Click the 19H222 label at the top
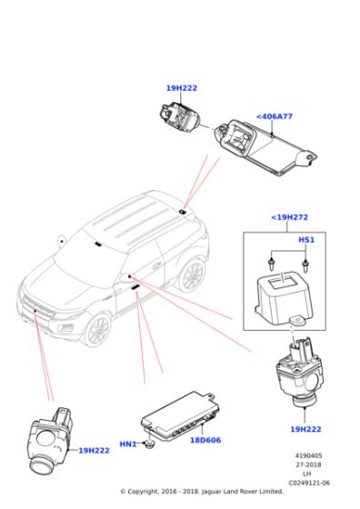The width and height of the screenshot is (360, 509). [x=181, y=88]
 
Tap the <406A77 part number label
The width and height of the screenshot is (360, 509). [x=274, y=116]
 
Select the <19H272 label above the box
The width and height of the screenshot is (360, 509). [x=289, y=217]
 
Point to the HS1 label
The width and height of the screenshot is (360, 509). [x=306, y=240]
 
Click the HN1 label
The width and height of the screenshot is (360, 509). [x=127, y=444]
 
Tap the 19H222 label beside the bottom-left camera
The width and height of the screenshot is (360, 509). [x=94, y=450]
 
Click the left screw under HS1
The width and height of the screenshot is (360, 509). [x=272, y=262]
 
